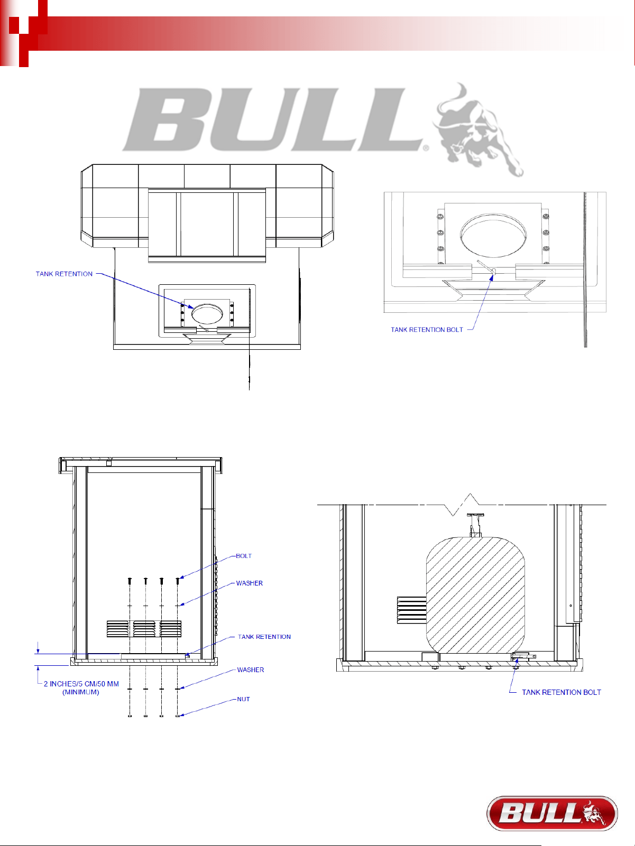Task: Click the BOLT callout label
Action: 244,556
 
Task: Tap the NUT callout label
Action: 243,699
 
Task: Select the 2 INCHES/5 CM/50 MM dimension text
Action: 81,684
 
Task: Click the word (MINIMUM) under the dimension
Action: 80,692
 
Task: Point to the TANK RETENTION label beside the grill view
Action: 64,274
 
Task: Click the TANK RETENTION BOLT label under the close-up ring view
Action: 427,330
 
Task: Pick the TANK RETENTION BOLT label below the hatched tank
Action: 562,692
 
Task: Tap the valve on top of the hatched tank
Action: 475,525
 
